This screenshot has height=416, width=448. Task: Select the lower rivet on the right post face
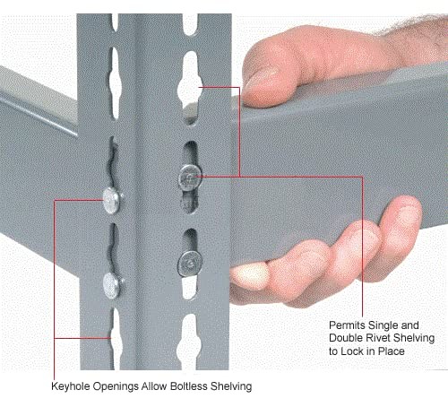click(189, 263)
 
